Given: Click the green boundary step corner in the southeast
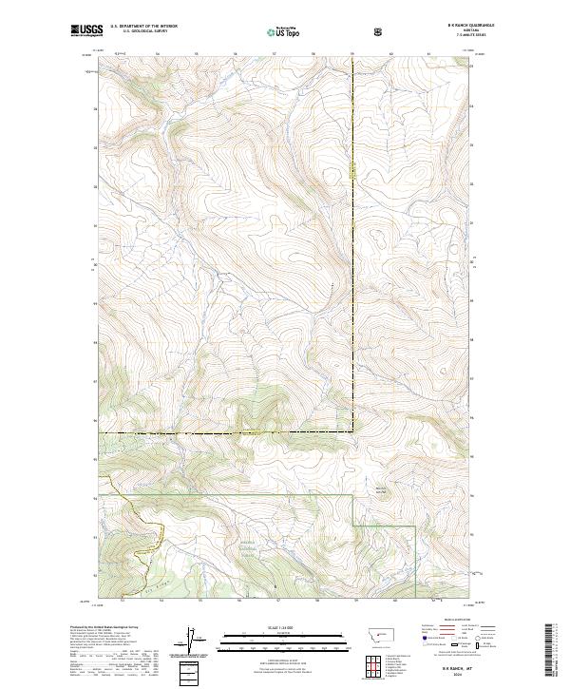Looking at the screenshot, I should click(354, 525).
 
